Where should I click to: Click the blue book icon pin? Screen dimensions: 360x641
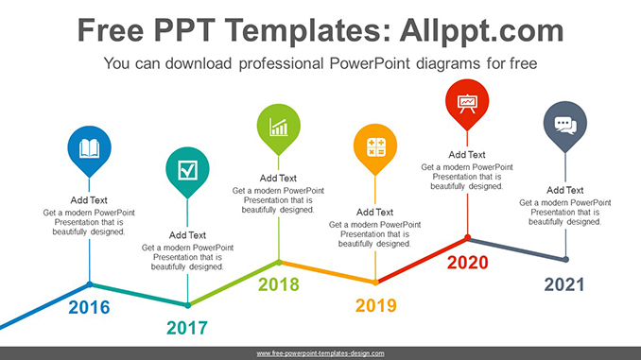point(89,149)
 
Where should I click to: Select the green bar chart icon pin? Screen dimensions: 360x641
point(279,126)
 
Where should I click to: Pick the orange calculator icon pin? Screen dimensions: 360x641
point(375,148)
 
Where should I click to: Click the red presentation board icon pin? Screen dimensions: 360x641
point(466,102)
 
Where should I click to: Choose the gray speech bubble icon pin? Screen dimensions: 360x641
point(564,125)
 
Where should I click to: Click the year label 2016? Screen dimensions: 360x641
point(90,307)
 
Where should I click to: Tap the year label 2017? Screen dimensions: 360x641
point(187,329)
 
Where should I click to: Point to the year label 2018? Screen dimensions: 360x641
point(279,284)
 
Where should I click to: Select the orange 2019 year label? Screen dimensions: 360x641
point(375,306)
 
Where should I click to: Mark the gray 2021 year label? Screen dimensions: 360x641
point(564,284)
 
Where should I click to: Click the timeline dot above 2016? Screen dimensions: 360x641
point(90,283)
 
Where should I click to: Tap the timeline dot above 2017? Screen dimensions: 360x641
point(187,305)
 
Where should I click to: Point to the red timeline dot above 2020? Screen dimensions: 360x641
point(467,238)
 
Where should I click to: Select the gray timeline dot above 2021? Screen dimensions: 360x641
point(565,259)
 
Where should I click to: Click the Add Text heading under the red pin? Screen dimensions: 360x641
point(466,154)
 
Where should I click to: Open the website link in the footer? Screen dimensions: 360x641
point(320,353)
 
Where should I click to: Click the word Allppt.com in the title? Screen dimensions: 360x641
point(473,31)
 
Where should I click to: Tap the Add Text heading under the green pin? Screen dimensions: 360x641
point(278,178)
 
